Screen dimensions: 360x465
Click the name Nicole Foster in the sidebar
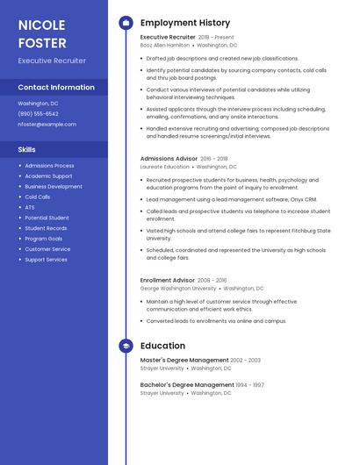pyautogui.click(x=42, y=33)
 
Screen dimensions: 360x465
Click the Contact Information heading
pyautogui.click(x=56, y=87)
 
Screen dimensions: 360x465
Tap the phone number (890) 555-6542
pyautogui.click(x=38, y=113)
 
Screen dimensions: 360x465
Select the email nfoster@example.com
pyautogui.click(x=47, y=124)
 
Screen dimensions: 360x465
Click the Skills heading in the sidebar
pyautogui.click(x=26, y=149)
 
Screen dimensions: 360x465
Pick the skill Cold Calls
pyautogui.click(x=37, y=197)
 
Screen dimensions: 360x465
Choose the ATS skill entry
pyautogui.click(x=30, y=207)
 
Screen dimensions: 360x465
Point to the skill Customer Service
pyautogui.click(x=47, y=249)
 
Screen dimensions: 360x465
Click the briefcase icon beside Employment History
pyautogui.click(x=126, y=23)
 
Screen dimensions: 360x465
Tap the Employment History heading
pyautogui.click(x=185, y=23)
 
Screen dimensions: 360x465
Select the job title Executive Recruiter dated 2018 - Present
pyautogui.click(x=168, y=38)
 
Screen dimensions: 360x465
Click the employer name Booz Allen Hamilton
pyautogui.click(x=165, y=45)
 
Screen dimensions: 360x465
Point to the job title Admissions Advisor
pyautogui.click(x=169, y=159)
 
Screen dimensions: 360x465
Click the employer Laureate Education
pyautogui.click(x=164, y=166)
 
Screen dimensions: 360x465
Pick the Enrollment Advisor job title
pyautogui.click(x=167, y=280)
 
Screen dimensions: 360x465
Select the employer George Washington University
pyautogui.click(x=178, y=288)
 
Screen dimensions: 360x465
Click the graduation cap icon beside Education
pyautogui.click(x=126, y=347)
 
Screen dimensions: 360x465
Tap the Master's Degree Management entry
pyautogui.click(x=184, y=360)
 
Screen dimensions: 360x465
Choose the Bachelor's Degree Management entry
pyautogui.click(x=187, y=384)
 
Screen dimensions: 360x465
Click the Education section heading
pyautogui.click(x=162, y=347)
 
